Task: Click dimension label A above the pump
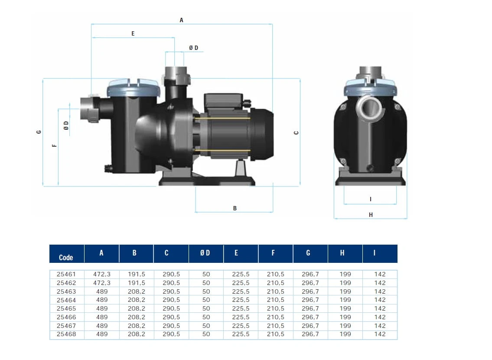click(x=181, y=20)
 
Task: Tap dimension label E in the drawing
click(x=133, y=33)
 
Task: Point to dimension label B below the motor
click(x=235, y=208)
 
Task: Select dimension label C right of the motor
click(x=296, y=133)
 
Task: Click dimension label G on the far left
click(x=39, y=132)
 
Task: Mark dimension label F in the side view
click(x=55, y=146)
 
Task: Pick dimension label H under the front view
click(x=371, y=215)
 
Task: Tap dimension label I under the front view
click(x=371, y=199)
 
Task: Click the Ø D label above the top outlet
click(x=194, y=48)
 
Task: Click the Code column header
click(x=66, y=258)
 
